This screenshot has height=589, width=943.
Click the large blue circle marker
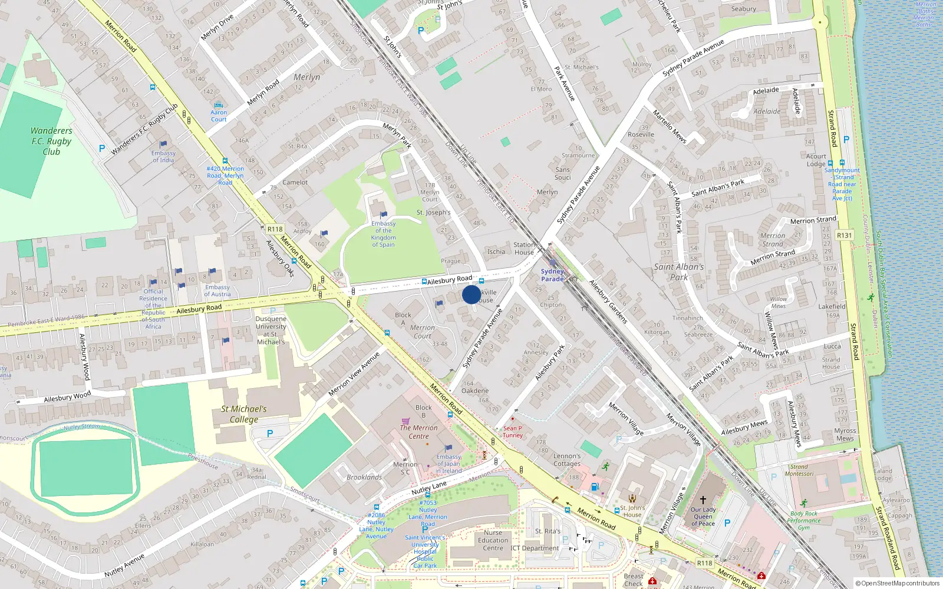pyautogui.click(x=471, y=294)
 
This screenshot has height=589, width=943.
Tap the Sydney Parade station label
pyautogui.click(x=552, y=275)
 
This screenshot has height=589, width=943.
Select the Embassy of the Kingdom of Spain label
pyautogui.click(x=383, y=234)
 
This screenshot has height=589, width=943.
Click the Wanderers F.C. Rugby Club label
pyautogui.click(x=51, y=141)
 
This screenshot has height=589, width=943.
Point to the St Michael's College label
pyautogui.click(x=244, y=413)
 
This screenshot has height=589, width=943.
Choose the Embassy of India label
pyautogui.click(x=163, y=157)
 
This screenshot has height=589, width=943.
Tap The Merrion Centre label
pyautogui.click(x=418, y=432)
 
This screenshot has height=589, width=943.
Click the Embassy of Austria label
pyautogui.click(x=217, y=290)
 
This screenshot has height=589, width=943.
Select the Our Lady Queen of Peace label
pyautogui.click(x=703, y=517)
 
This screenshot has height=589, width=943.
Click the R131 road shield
pyautogui.click(x=844, y=235)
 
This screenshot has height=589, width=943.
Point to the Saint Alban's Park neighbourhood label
pyautogui.click(x=679, y=272)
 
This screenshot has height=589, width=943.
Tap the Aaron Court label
pyautogui.click(x=219, y=115)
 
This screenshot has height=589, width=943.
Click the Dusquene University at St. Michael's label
pyautogui.click(x=271, y=330)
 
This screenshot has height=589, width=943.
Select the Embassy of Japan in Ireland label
pyautogui.click(x=449, y=464)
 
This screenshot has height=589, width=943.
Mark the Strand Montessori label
pyautogui.click(x=799, y=470)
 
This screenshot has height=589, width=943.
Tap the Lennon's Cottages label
pyautogui.click(x=567, y=459)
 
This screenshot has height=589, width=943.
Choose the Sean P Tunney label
pyautogui.click(x=513, y=432)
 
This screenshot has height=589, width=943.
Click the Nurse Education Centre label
pyautogui.click(x=493, y=540)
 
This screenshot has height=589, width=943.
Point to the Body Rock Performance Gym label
pyautogui.click(x=804, y=521)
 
